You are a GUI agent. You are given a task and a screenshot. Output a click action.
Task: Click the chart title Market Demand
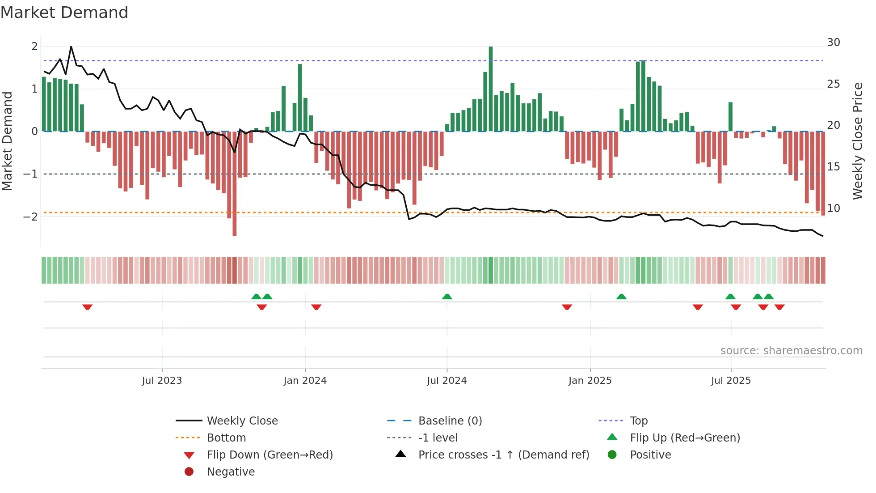(64, 13)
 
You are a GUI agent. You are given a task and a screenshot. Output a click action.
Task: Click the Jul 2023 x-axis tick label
(162, 381)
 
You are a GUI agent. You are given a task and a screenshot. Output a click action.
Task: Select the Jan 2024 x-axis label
(305, 381)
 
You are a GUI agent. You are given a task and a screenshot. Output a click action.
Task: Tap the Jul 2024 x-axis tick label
(446, 381)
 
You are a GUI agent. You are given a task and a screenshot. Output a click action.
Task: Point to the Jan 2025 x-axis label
(590, 381)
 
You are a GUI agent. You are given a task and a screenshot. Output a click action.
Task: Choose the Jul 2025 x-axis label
(731, 381)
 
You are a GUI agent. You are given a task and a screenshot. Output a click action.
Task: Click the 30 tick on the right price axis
(833, 42)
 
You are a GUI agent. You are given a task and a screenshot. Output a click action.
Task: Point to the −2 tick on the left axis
(30, 217)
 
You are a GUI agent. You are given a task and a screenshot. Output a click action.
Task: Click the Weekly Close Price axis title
(857, 141)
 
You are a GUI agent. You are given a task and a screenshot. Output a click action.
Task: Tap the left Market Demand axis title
(8, 141)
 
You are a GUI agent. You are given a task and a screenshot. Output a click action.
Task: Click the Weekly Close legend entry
(242, 421)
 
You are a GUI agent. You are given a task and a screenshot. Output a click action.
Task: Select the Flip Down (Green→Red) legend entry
(270, 455)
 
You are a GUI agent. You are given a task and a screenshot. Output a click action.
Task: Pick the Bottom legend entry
(226, 438)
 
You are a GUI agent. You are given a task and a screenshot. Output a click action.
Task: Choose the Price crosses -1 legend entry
(503, 455)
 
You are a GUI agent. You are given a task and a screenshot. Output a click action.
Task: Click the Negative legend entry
(231, 472)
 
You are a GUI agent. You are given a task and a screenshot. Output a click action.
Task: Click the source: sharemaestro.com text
(791, 351)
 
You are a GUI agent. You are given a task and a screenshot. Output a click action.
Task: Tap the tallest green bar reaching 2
(491, 89)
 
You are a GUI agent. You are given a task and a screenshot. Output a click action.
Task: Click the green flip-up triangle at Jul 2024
(447, 297)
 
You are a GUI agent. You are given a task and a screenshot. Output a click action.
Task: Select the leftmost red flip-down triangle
(88, 307)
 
